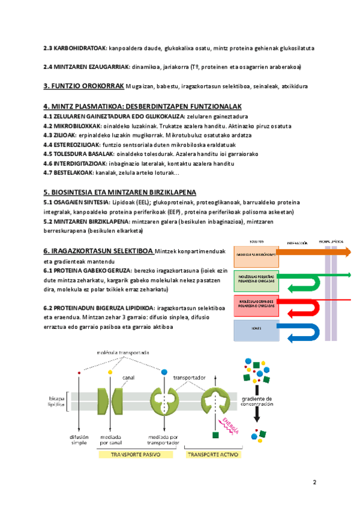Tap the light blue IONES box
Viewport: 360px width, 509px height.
(254, 329)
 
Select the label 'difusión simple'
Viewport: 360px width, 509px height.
(80, 439)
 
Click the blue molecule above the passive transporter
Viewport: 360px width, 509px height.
(164, 372)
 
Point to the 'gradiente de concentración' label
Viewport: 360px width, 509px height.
(257, 402)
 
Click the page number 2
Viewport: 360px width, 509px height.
(314, 482)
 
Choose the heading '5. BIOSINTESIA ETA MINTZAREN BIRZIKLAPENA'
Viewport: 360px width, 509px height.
(120, 192)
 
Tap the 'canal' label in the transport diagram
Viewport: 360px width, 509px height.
(128, 378)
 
